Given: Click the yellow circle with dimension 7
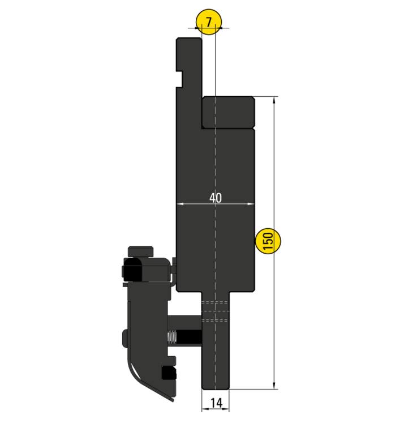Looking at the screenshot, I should pos(208,22).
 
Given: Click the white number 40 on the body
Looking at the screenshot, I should pos(215,198).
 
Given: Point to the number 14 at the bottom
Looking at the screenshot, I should pos(216,403).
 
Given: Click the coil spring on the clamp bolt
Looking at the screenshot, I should pos(171,339).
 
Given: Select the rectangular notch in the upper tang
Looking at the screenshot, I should pos(179,78).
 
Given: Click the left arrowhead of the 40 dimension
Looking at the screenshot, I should pos(180,204).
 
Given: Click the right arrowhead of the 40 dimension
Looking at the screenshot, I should pos(251,204).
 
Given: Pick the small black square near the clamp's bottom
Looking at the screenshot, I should pos(168,373).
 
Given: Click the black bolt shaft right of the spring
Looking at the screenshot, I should pos(190,339).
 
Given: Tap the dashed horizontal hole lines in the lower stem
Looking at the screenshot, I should pos(216,310).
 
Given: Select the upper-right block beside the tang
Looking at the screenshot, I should pos(228,112).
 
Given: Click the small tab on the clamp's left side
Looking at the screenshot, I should pos(125,338).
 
